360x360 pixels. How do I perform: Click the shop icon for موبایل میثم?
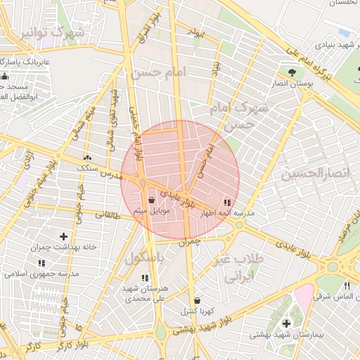point(153,200)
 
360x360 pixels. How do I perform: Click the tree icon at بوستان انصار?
point(292,72)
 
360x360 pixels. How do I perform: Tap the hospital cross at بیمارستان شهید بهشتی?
point(285,323)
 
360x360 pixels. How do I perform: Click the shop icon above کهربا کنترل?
point(197,300)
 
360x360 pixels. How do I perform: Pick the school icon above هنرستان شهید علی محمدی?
point(144,278)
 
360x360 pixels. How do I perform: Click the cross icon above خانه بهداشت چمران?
point(64,236)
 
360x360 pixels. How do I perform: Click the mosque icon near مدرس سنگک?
point(88,159)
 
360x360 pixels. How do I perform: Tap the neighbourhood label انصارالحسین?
point(309,174)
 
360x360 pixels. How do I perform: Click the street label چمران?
point(191,241)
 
